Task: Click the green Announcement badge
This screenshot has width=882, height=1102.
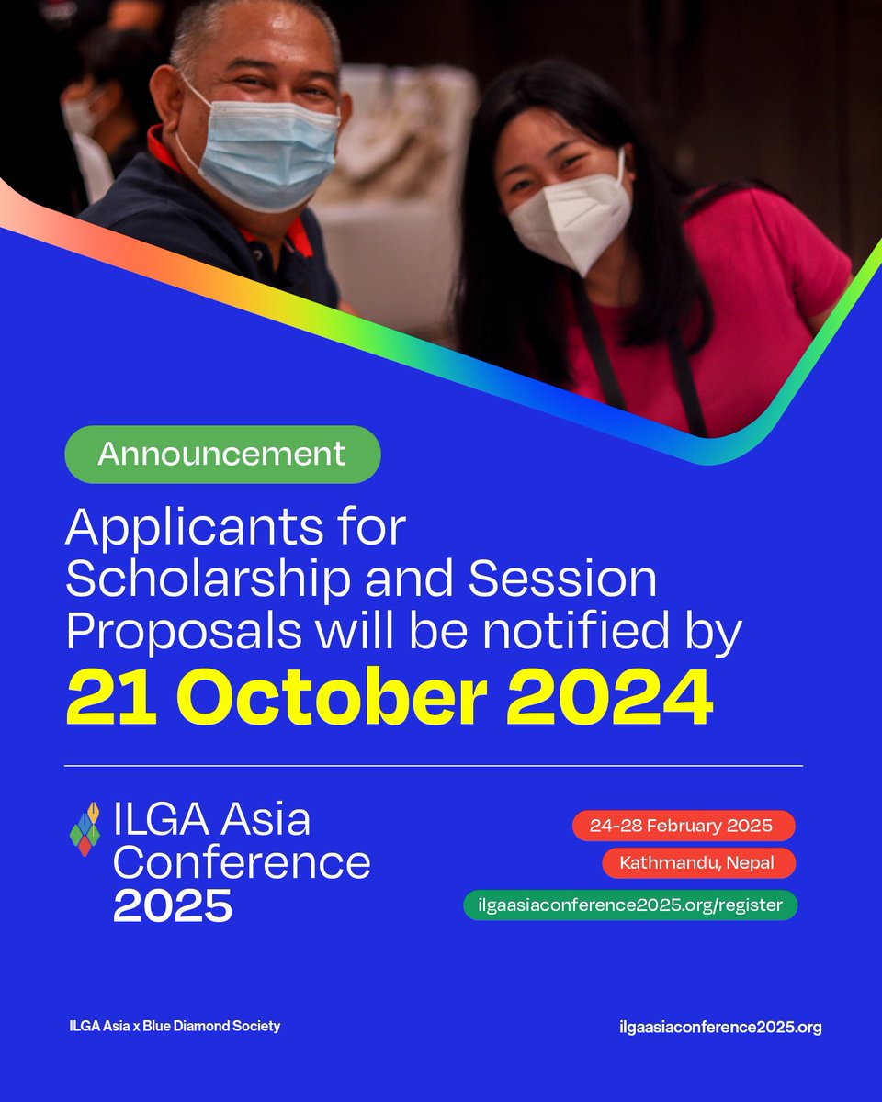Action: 222,455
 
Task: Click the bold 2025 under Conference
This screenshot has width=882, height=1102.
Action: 173,907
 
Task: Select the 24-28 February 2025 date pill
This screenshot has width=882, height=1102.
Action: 684,826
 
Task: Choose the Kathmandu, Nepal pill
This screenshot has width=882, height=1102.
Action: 699,864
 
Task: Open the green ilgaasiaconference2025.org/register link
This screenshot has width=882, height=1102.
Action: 630,905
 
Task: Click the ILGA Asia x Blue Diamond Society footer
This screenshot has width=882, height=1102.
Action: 175,1026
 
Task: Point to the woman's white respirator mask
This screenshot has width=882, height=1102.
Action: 574,220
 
